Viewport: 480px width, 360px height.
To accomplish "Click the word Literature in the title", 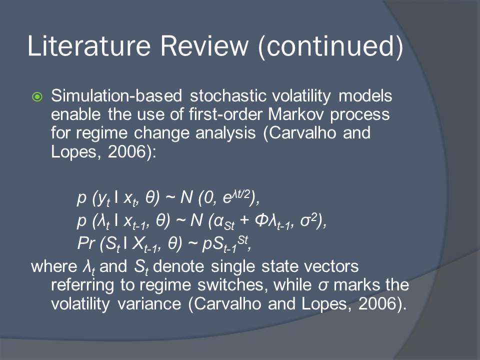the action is [89, 45].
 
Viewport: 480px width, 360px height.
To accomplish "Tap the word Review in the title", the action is [204, 45].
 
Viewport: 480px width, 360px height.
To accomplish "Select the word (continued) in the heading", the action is [331, 46].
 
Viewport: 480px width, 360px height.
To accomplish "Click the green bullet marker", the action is [37, 97].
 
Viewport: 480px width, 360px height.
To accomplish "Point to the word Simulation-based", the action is [116, 95].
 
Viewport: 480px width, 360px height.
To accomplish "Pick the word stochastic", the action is [228, 95].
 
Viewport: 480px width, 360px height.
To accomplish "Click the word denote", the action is [178, 266].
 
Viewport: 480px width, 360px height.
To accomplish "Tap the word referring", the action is [83, 285].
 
